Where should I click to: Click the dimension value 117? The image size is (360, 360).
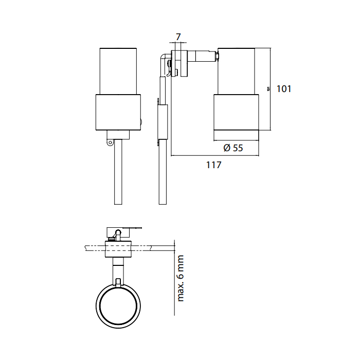click(213, 165)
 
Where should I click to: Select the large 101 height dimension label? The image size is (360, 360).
click(284, 88)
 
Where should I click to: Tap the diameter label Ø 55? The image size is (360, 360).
click(233, 148)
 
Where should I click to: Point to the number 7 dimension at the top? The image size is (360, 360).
click(178, 37)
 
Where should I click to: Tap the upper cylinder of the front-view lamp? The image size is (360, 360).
click(119, 71)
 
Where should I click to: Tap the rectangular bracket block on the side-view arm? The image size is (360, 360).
click(163, 122)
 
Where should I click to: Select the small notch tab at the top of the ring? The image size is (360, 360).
click(119, 282)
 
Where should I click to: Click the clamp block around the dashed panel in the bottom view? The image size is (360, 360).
click(119, 248)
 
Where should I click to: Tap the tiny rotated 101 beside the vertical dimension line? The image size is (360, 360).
click(268, 88)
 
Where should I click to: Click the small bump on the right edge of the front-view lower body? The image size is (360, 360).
click(142, 122)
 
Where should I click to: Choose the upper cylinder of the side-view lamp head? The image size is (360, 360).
click(237, 71)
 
